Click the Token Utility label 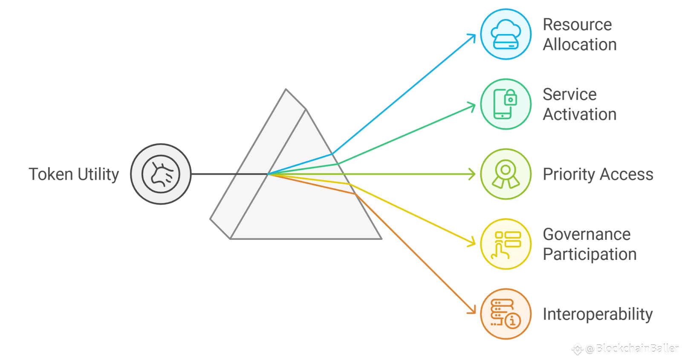tap(74, 174)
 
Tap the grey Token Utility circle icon tap(161, 174)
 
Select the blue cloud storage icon tap(506, 34)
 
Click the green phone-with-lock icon tap(506, 104)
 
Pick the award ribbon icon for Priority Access tap(506, 174)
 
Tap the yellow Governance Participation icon tap(506, 244)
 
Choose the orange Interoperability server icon tap(506, 314)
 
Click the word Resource tap(577, 25)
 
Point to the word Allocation tap(580, 45)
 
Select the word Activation tap(580, 115)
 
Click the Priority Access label tap(598, 174)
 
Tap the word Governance tap(587, 234)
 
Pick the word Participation tap(590, 254)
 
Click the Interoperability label tap(598, 314)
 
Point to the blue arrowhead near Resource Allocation tap(472, 37)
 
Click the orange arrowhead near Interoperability tap(472, 311)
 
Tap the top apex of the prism tap(286, 90)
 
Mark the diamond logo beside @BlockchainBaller tap(577, 349)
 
